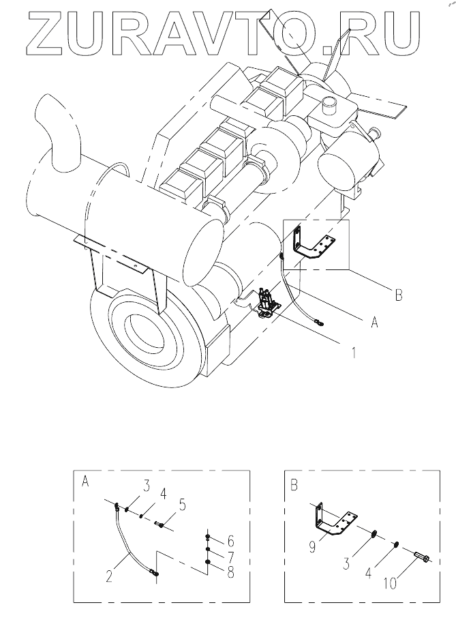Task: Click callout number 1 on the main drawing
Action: point(354,352)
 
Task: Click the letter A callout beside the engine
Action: point(374,322)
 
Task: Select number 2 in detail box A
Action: point(109,576)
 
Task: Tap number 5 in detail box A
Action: point(182,505)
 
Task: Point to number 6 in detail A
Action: point(230,541)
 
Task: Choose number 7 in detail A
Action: point(230,557)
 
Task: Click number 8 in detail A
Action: point(230,572)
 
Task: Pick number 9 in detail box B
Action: point(312,547)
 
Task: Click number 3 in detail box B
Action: point(346,563)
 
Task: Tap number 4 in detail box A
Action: point(163,493)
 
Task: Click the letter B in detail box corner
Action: point(294,485)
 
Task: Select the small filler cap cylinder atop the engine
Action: point(329,104)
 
